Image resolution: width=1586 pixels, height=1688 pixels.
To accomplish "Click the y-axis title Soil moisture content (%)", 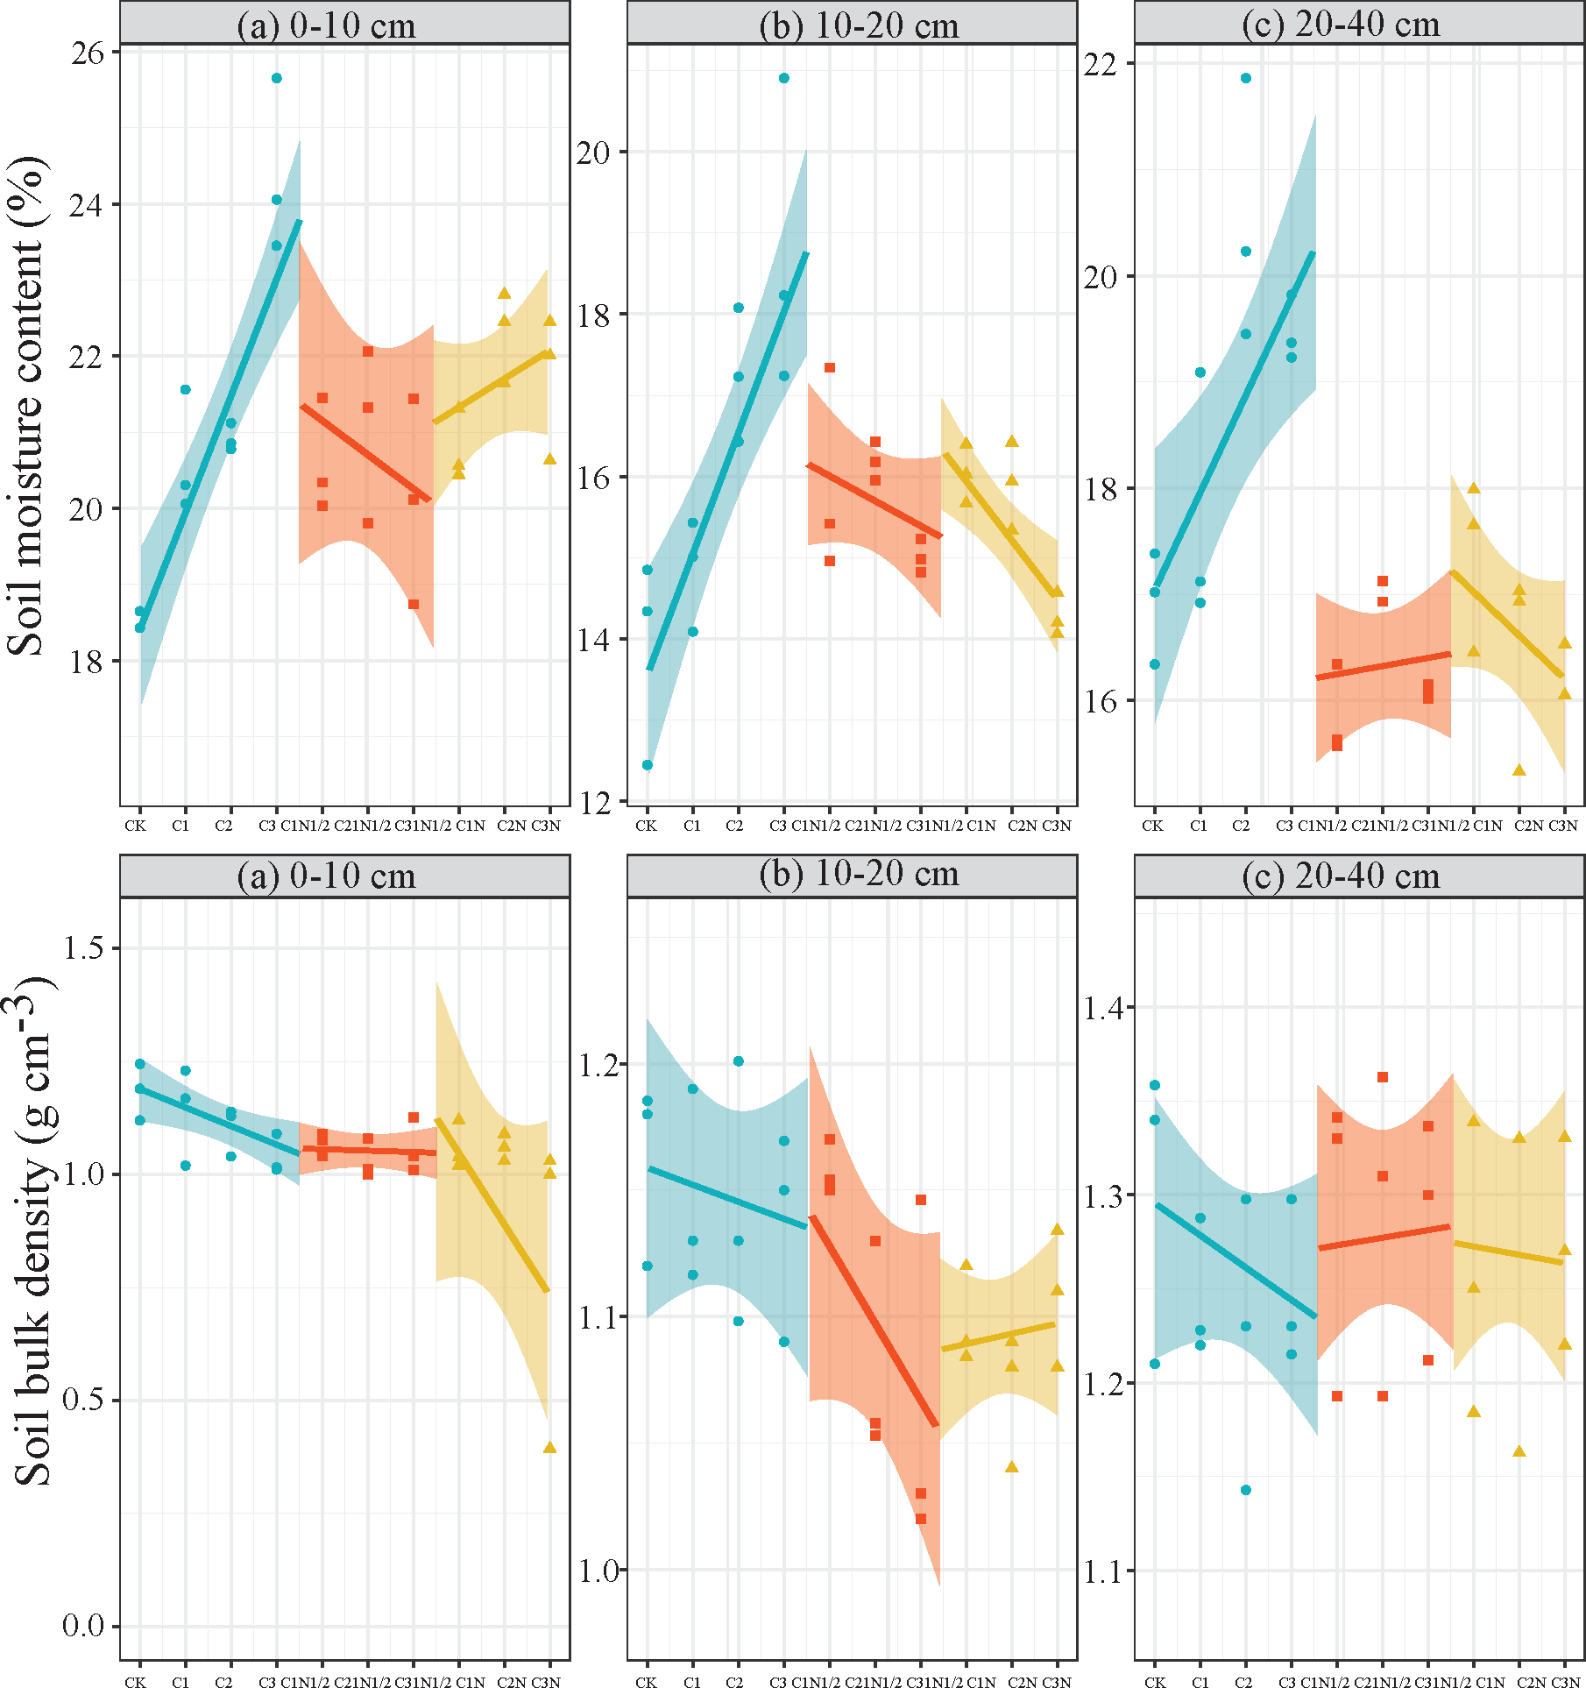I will coord(26,405).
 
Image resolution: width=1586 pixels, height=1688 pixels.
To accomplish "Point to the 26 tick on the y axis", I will coord(87,53).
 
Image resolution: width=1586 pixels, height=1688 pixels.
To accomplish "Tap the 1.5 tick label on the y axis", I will coord(82,948).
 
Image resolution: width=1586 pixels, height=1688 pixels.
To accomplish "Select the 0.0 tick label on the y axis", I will coord(82,1626).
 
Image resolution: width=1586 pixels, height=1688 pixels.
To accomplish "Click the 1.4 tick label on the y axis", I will coord(1102,1008).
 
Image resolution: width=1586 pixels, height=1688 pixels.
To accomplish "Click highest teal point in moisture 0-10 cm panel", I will coord(277,78).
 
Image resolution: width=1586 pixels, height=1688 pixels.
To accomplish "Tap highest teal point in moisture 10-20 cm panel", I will coord(784,78).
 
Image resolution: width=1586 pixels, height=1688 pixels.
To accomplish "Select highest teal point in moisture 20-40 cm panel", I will coord(1246,78).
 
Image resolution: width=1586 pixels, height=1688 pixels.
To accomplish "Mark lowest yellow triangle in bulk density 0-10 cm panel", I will coord(550,1447).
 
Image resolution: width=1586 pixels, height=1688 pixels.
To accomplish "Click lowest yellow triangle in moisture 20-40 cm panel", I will coord(1519,770).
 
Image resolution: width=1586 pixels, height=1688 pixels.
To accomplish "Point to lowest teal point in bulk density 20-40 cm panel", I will coord(1246,1490).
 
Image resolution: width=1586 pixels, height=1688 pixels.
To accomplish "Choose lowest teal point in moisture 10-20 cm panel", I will coord(648,765).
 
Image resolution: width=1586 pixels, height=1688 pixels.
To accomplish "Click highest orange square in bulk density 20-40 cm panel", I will coord(1383,1077).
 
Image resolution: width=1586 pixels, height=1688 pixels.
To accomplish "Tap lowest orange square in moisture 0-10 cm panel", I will coord(414,604).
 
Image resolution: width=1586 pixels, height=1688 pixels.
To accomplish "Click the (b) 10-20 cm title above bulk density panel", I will coord(859,876).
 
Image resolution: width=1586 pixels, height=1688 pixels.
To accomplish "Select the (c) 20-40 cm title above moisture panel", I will coord(1341,24).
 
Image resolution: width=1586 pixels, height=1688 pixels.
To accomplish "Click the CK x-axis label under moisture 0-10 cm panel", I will coord(135,826).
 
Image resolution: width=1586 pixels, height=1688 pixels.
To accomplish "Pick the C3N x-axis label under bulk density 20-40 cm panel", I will coord(1565,1682).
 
